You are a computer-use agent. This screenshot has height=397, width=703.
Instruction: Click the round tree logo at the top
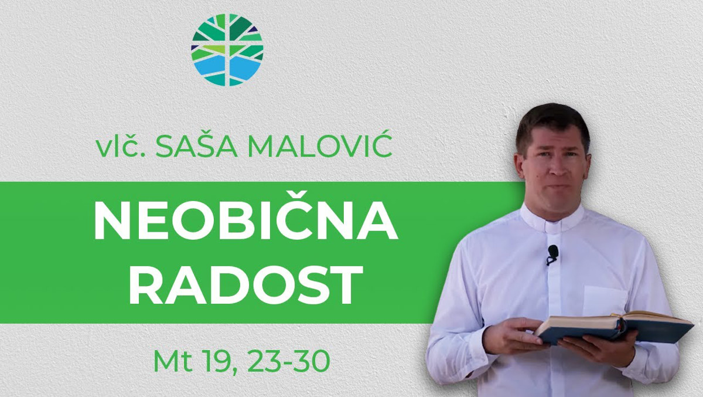[227, 50]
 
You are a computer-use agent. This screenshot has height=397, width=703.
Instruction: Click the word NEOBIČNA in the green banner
[246, 221]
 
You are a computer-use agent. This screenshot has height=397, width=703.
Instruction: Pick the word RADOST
[246, 284]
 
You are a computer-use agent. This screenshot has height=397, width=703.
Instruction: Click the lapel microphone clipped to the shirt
[552, 255]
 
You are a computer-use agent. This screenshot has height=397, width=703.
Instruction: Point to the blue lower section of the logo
[227, 69]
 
